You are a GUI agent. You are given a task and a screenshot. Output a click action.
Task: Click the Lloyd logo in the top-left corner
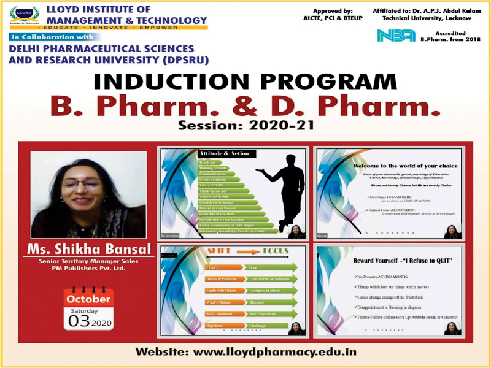(25, 15)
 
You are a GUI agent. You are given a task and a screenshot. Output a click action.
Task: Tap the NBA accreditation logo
(396, 35)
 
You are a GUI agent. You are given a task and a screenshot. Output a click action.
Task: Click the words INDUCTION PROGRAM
(245, 82)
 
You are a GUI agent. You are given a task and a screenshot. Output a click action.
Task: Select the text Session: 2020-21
(245, 126)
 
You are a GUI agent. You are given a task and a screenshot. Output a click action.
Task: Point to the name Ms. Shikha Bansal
(88, 249)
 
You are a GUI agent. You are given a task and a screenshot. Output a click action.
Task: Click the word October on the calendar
(88, 299)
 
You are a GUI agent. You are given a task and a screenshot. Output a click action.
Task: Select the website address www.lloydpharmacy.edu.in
(245, 353)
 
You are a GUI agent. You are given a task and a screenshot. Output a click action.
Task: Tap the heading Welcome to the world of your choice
(397, 165)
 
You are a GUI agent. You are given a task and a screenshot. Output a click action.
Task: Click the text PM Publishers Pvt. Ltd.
(89, 269)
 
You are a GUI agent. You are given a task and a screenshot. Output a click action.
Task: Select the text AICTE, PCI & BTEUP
(333, 18)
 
